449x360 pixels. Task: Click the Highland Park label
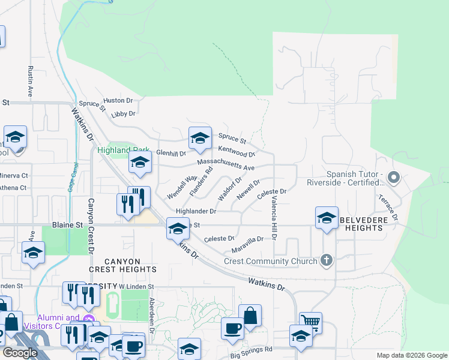[116, 150]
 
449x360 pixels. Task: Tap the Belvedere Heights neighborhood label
[369, 224]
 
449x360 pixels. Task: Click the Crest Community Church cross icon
[326, 260]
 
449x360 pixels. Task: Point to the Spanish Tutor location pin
[394, 177]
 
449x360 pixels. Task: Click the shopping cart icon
[310, 322]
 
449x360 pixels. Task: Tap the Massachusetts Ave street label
[226, 164]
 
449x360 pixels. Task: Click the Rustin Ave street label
[29, 81]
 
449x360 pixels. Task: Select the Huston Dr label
[118, 100]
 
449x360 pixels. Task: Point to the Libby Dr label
[124, 113]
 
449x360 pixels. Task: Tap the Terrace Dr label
[387, 207]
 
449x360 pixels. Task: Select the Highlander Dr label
[196, 211]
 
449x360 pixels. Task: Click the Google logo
[20, 353]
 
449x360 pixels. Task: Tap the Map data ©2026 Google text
[411, 355]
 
